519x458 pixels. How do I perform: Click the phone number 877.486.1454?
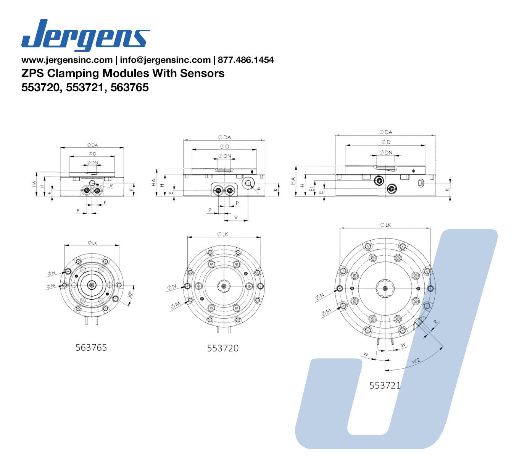(246, 60)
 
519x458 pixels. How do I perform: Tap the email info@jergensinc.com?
(165, 60)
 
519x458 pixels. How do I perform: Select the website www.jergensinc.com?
(67, 60)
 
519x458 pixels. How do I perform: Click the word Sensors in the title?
(202, 73)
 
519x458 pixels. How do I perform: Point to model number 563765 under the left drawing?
(91, 348)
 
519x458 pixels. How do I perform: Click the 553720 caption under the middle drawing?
(222, 348)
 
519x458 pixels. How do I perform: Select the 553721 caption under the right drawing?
(385, 385)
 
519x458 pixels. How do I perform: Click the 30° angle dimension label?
(130, 295)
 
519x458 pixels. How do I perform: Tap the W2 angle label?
(416, 361)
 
